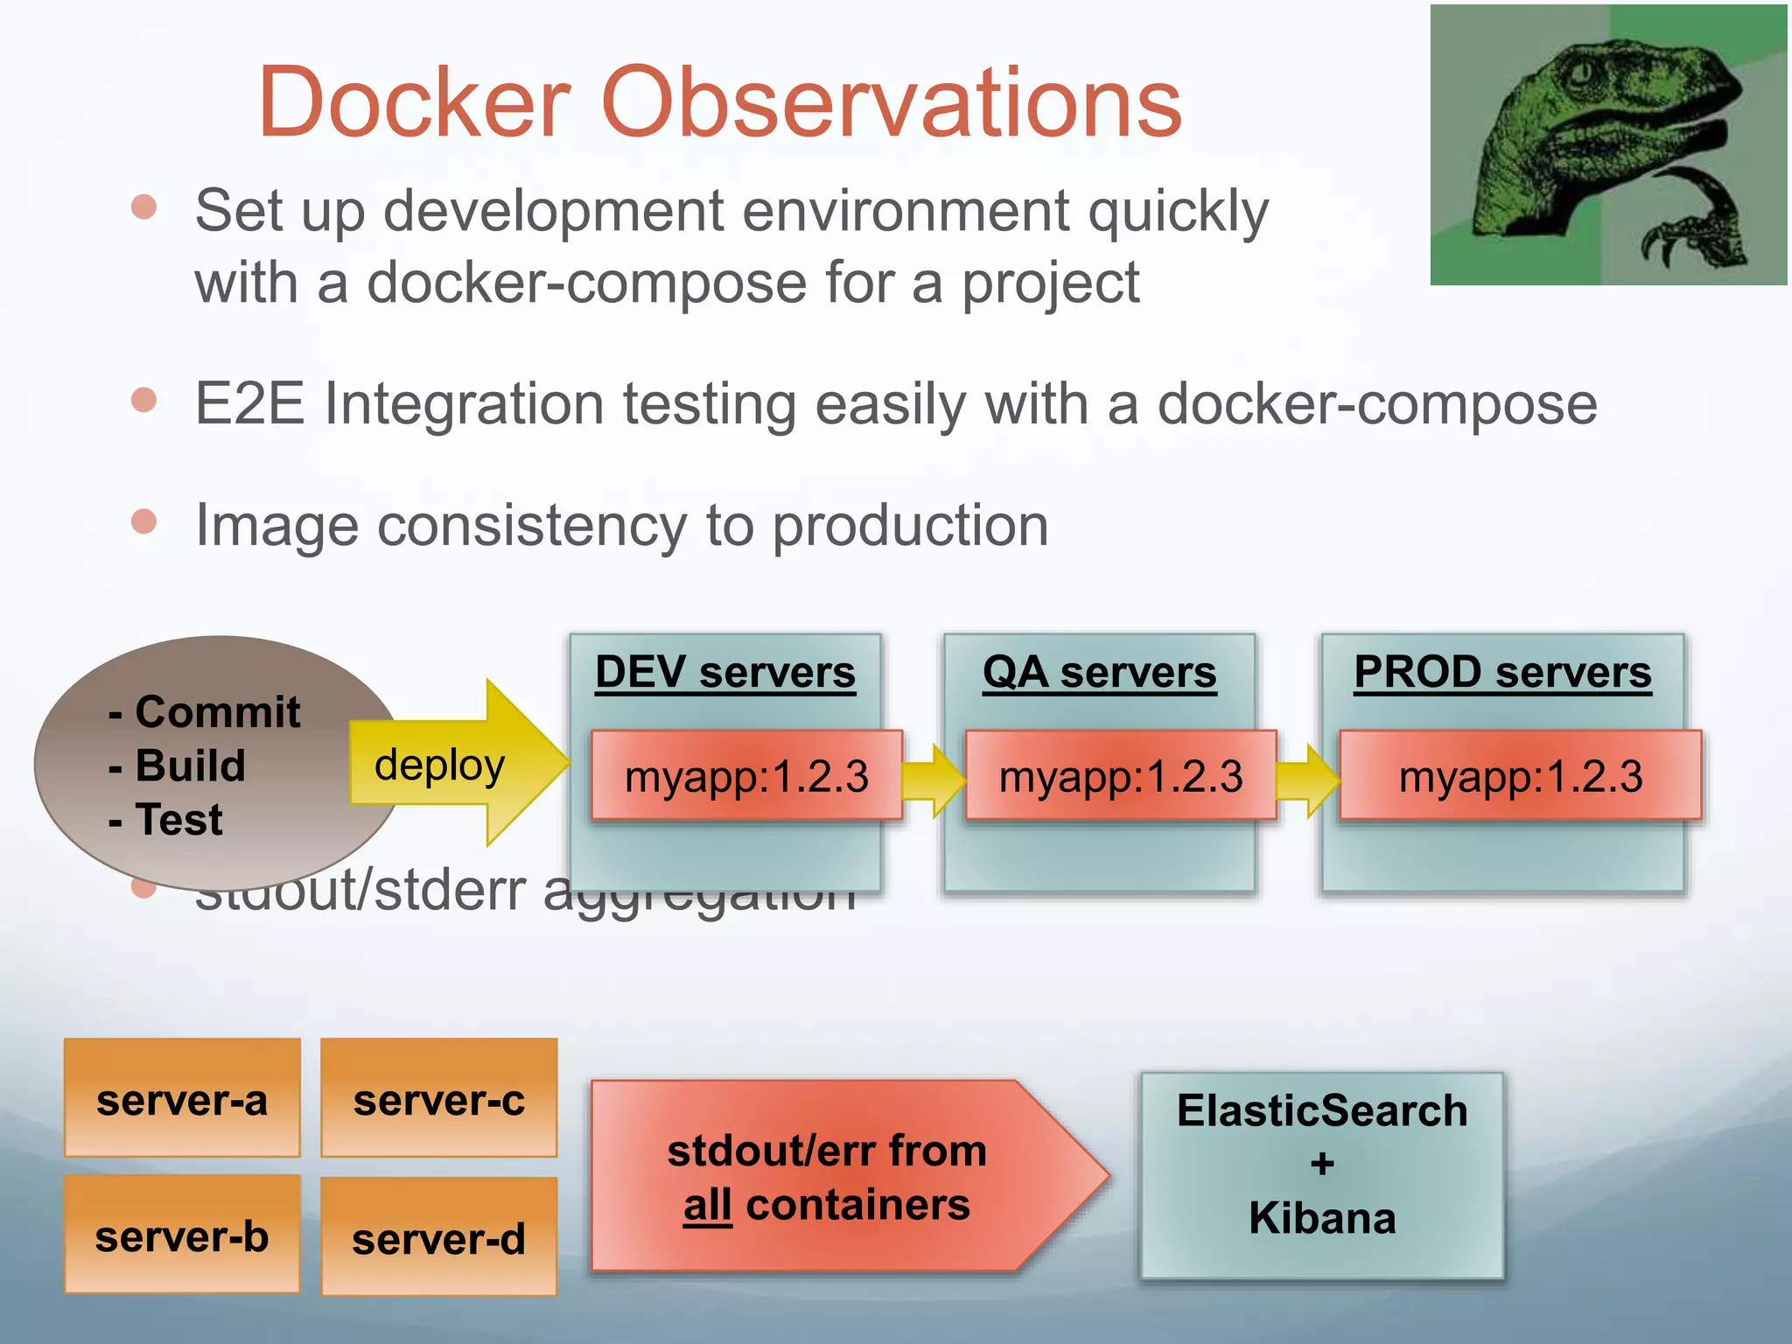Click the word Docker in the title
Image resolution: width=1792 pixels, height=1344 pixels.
pos(415,103)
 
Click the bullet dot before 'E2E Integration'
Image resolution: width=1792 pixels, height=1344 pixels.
pos(143,400)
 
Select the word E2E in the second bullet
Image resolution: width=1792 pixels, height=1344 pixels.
pos(249,404)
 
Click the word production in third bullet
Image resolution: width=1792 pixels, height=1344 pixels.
pos(910,527)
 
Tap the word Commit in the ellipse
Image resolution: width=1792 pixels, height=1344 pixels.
pos(217,711)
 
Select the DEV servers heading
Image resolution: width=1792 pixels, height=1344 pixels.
pos(724,673)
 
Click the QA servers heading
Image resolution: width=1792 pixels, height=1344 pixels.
pos(1099,673)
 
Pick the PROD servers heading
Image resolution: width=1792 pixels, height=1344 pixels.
pos(1502,673)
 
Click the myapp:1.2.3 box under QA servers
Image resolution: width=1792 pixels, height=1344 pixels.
pos(1120,776)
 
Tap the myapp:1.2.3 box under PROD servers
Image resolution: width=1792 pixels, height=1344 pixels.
pos(1520,776)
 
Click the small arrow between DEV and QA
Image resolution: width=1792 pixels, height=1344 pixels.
pos(933,779)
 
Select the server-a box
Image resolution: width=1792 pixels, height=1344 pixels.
pos(182,1099)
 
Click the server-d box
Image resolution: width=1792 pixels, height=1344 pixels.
pos(438,1237)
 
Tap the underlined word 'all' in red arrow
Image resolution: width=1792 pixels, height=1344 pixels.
pos(707,1206)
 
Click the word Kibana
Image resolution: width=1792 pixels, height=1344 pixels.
pos(1321,1218)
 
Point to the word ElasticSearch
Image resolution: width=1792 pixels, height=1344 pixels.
pos(1321,1111)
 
